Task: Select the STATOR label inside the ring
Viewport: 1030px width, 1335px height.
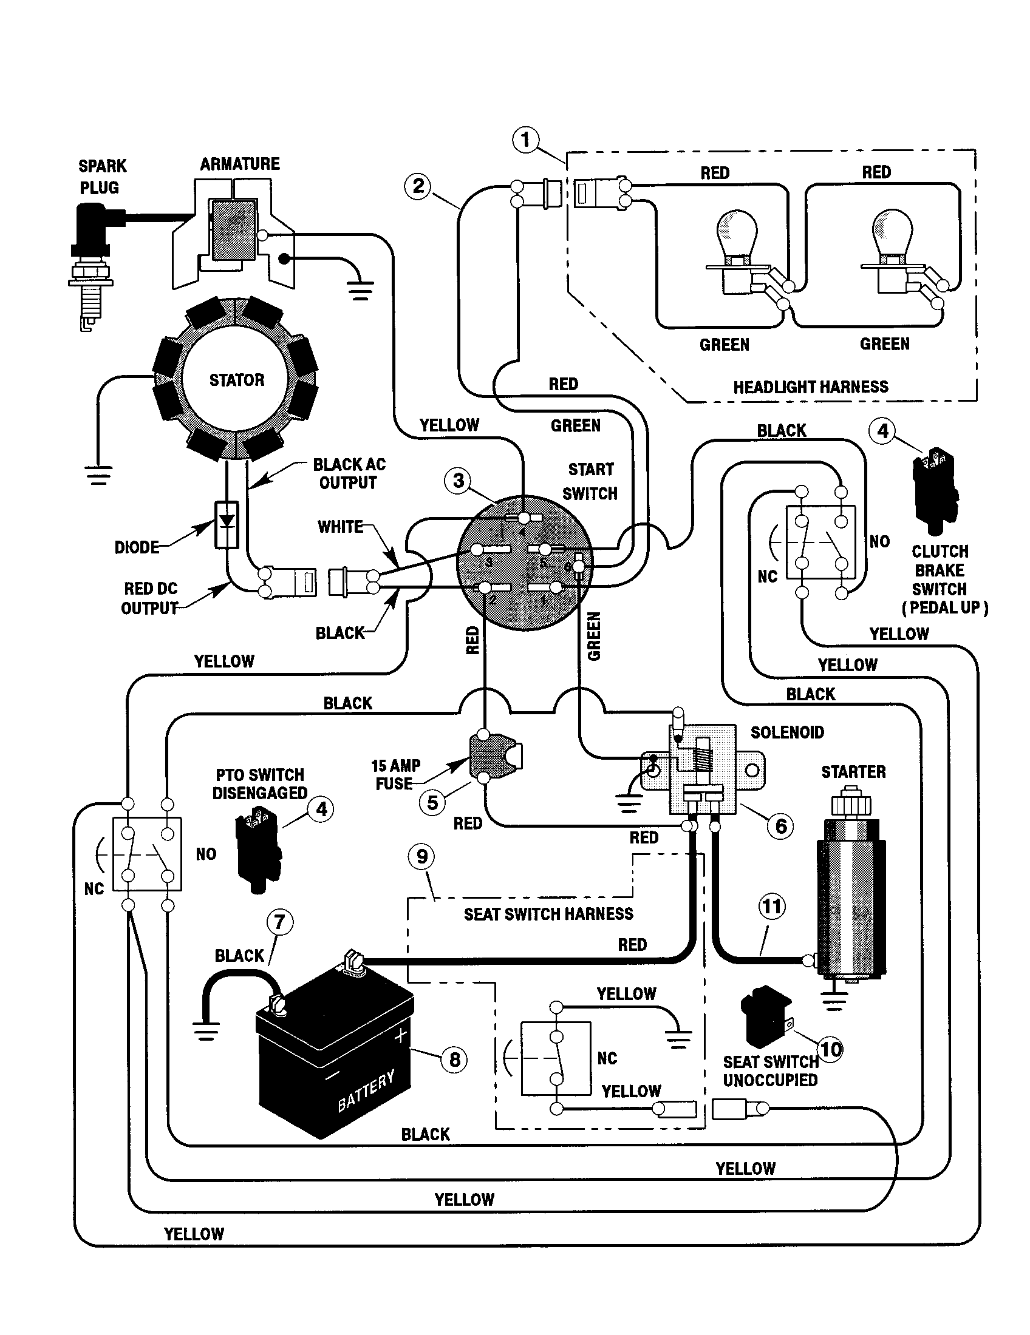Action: [237, 380]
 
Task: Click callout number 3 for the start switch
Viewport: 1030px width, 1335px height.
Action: [458, 481]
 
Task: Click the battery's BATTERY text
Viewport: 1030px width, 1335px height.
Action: [366, 1091]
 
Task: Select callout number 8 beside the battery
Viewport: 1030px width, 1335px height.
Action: [454, 1060]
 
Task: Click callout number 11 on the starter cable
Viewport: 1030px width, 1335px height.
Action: [771, 905]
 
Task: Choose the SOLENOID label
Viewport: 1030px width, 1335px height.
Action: [787, 732]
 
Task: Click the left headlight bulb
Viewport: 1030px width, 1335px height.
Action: [737, 235]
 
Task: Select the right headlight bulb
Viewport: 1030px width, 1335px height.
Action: [892, 235]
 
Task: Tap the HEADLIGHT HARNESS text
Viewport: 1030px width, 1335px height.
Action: [810, 387]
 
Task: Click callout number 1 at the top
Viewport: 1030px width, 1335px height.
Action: [525, 140]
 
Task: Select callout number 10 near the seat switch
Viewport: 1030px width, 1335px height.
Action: [830, 1050]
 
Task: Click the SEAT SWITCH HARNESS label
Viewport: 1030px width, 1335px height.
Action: [548, 914]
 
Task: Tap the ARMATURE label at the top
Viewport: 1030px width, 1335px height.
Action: [240, 164]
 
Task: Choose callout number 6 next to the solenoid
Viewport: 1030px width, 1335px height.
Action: [780, 826]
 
